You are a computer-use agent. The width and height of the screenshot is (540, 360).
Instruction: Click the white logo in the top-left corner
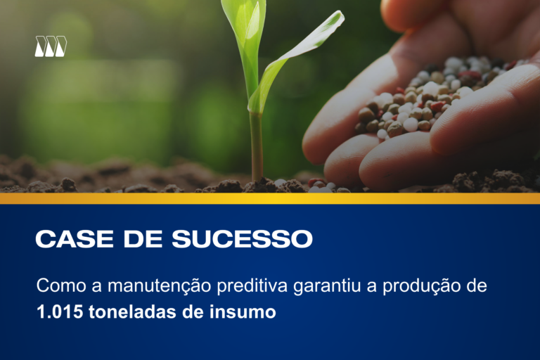[51, 46]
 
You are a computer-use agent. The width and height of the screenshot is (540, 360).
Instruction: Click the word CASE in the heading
[67, 239]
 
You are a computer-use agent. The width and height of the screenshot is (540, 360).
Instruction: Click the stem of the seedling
[256, 144]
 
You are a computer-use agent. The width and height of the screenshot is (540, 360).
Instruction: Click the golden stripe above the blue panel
[270, 198]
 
